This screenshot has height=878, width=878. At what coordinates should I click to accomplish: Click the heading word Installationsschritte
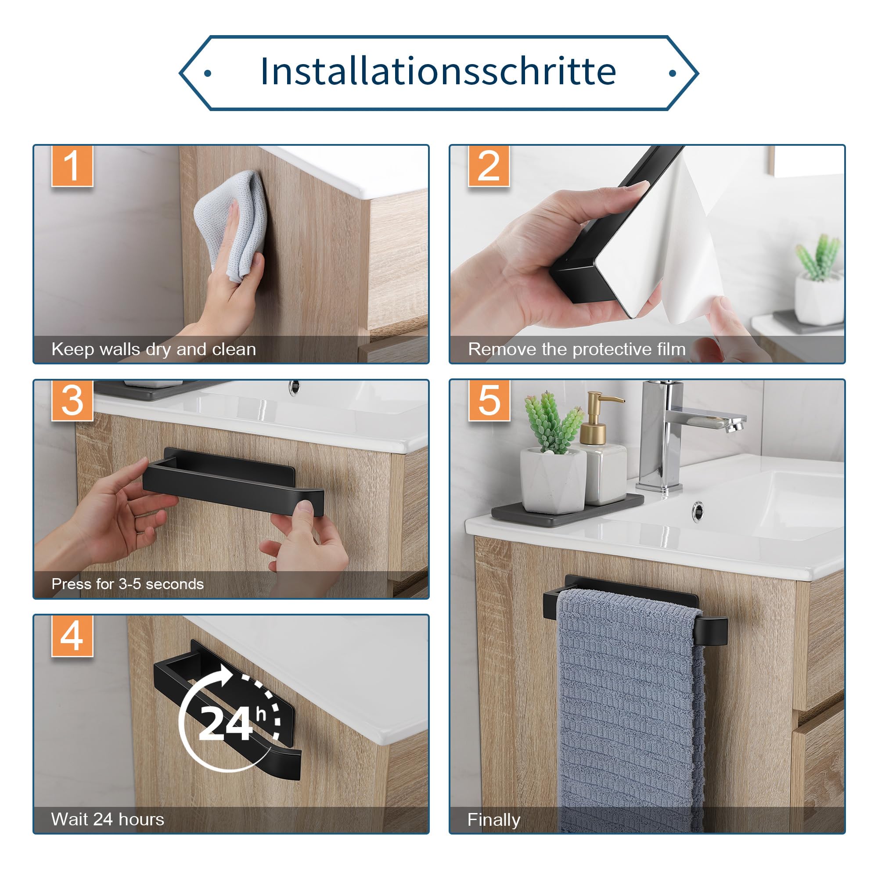coord(438,72)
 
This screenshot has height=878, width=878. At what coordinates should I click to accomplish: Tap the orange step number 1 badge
coord(72,166)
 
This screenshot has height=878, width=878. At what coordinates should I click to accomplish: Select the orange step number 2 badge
coord(489,166)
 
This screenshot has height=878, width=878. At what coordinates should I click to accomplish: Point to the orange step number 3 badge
coord(72,400)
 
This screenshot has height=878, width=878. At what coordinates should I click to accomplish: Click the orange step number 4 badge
coord(72,636)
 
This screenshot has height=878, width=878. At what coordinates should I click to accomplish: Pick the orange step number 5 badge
coord(489,400)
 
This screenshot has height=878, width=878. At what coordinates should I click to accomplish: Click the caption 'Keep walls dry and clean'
coord(154,349)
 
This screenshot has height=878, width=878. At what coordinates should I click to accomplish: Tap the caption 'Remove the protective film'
coord(577,349)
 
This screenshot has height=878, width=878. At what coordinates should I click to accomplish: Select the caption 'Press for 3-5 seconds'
coord(128,584)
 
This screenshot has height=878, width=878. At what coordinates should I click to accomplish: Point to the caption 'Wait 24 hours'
coord(108,819)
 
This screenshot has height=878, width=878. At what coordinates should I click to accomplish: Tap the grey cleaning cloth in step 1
coord(230,225)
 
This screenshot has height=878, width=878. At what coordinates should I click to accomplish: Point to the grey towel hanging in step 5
coord(630,709)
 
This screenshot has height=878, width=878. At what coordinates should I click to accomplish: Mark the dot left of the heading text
coord(208,73)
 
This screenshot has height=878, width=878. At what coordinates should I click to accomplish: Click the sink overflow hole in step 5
coord(698,511)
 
